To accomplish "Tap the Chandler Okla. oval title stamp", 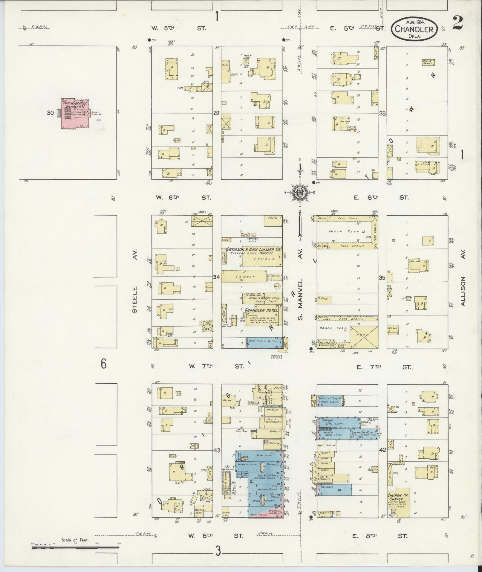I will pos(414,29).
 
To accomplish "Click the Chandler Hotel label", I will pos(261,310).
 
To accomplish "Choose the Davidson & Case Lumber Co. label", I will pos(254,249).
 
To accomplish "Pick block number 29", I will pos(216,113).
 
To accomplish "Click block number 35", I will pos(382,278).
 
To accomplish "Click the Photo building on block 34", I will pos(273,220).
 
